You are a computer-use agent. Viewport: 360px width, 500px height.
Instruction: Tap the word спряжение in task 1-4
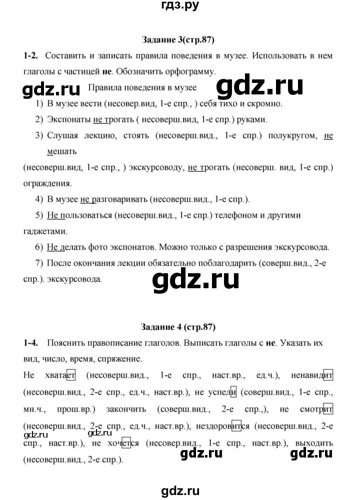pyautogui.click(x=117, y=358)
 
